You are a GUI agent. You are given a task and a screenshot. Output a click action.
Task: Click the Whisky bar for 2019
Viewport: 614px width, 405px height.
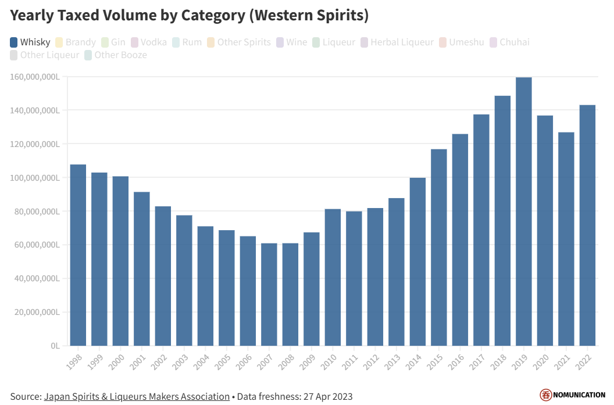pos(523,212)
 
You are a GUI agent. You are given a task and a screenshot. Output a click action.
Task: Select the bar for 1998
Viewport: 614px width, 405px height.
pos(78,255)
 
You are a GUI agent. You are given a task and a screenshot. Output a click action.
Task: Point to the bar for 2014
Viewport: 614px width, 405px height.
pos(417,261)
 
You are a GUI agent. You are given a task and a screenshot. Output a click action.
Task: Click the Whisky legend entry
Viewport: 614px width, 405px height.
pos(30,42)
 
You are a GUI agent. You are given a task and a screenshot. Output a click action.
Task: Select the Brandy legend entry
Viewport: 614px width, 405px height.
pos(76,42)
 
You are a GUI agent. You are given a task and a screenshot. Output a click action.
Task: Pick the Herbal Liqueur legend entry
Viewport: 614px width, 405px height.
pos(397,42)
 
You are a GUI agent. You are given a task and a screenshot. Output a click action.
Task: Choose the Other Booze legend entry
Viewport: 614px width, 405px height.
pos(115,55)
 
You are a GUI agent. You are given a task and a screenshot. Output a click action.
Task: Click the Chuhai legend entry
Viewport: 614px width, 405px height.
pos(509,42)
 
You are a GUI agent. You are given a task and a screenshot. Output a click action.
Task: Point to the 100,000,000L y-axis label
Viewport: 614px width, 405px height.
pos(37,177)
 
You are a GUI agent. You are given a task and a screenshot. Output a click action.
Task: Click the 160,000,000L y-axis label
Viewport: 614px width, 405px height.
pos(37,77)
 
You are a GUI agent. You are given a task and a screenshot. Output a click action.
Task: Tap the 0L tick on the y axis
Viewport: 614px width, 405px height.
pos(55,346)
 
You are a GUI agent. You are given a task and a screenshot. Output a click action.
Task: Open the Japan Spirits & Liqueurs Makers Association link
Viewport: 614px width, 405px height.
pos(137,396)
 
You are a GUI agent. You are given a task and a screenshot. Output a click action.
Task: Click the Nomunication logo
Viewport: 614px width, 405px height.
pos(572,395)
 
